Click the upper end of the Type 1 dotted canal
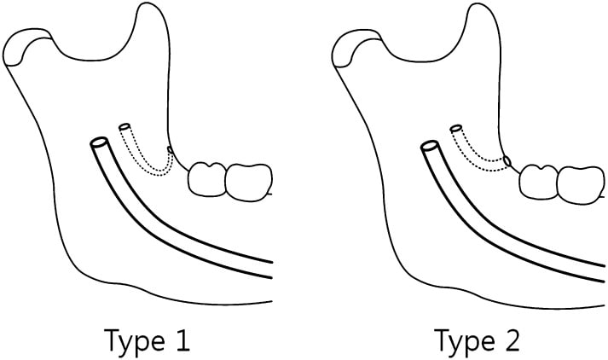point(126,128)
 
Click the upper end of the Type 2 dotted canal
point(456,129)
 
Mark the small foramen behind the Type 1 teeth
point(172,151)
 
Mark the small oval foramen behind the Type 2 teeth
point(508,160)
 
